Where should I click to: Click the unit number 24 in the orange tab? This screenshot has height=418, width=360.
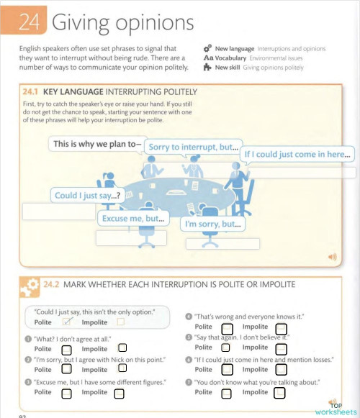29,23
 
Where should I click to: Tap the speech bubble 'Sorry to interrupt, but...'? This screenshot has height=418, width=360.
193,147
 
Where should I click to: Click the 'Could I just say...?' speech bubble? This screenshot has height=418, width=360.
87,195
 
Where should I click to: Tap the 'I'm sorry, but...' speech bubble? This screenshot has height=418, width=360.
212,224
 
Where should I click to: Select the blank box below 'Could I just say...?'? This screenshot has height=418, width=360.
58,212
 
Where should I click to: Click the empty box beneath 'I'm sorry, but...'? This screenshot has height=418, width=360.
223,243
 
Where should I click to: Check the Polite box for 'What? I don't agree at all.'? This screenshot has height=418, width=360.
66,349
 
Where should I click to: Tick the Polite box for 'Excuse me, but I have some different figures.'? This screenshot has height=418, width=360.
66,394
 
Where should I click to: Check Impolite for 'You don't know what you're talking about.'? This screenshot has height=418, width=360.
279,393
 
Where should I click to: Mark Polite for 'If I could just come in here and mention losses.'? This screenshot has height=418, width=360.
226,371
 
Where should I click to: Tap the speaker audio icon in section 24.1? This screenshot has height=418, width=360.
332,256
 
